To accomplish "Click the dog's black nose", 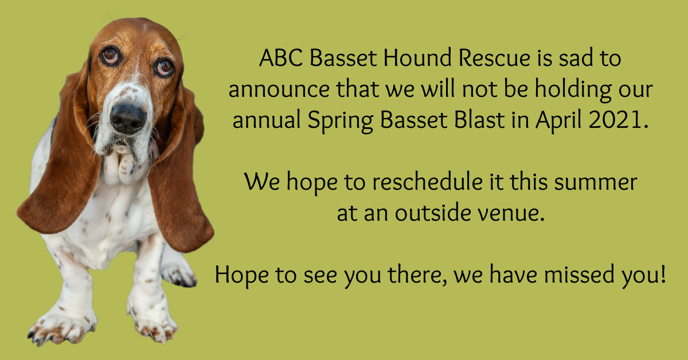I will (127, 118).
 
